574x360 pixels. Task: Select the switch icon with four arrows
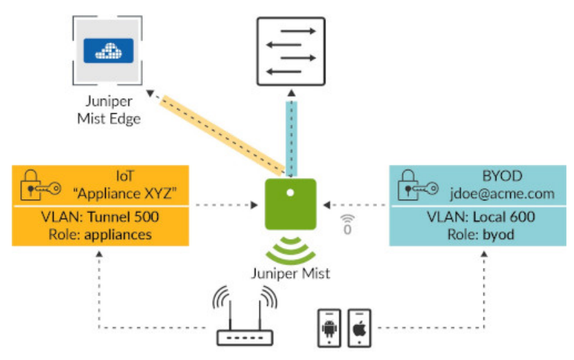292,50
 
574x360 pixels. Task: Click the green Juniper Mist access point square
290,204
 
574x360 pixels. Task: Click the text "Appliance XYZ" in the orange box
131,194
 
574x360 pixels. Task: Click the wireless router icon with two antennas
244,318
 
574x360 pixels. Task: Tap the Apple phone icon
358,328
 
